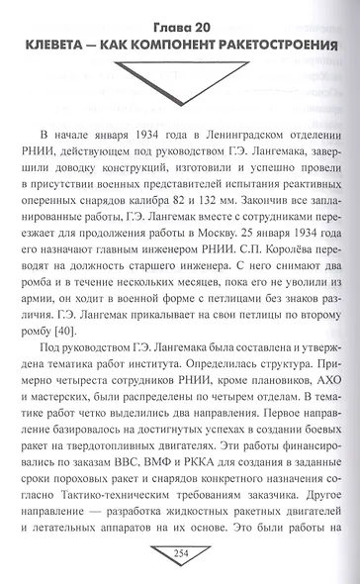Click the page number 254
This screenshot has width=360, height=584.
[180, 550]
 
